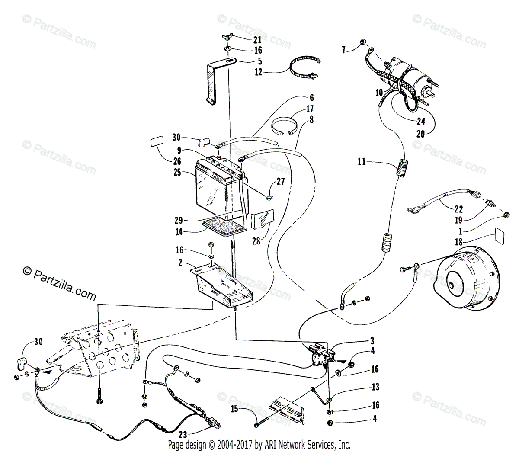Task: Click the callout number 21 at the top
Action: coord(257,40)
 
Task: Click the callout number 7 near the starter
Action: coord(344,51)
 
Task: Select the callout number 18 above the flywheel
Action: coord(459,241)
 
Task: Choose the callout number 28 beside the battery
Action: coord(256,241)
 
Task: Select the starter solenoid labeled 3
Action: coord(320,355)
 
